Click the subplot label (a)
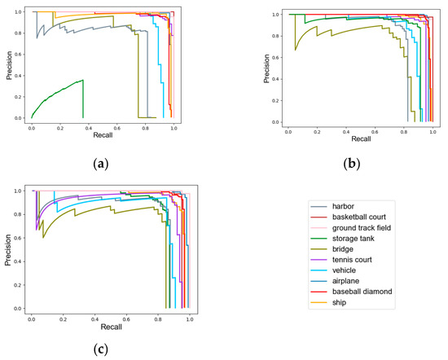[x=101, y=163]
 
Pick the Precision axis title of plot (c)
[x=7, y=248]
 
